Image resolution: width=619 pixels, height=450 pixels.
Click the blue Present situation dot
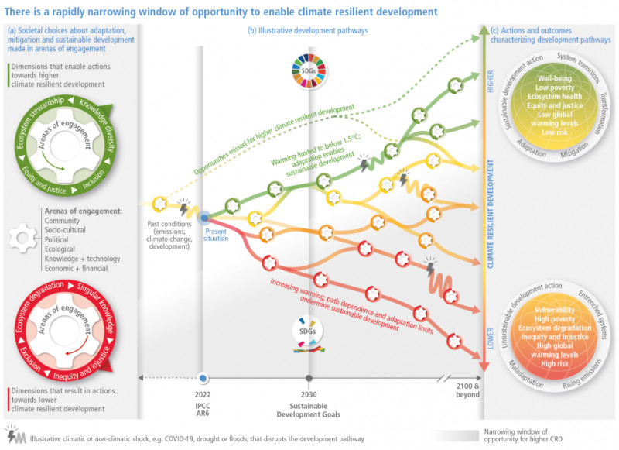(206, 219)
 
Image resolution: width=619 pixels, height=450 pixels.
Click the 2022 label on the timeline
(203, 393)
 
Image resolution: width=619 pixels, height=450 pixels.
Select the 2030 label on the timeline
(309, 393)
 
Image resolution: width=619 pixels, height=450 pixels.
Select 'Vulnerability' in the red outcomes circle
(555, 311)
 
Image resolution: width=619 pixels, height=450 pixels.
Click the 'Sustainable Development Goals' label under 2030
(309, 410)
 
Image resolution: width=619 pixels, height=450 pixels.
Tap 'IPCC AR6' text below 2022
(203, 410)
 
